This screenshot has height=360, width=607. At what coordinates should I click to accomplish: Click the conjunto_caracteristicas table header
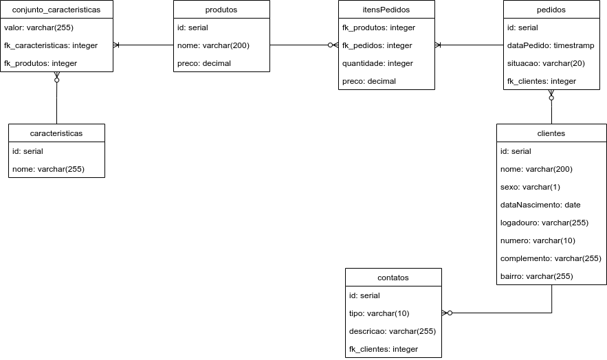point(56,10)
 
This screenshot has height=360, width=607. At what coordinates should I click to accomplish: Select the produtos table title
point(221,10)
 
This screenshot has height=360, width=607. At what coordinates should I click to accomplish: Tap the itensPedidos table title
point(386,10)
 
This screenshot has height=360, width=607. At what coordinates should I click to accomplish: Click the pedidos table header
point(551,10)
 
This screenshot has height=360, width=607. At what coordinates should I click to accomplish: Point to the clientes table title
point(551,133)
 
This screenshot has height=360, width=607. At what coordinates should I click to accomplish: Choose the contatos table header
point(393,278)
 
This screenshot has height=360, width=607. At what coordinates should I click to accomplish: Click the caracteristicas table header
point(56,133)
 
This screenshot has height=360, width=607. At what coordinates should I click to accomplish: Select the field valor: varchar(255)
point(38,28)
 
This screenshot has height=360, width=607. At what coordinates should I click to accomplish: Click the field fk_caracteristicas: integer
point(51,46)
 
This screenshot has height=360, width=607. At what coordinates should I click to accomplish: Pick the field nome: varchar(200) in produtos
point(213,46)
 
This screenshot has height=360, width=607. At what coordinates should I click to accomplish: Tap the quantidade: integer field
point(377,64)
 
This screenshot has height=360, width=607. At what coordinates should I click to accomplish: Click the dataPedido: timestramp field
point(551,46)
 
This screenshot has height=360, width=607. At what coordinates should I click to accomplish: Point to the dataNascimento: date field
point(540,205)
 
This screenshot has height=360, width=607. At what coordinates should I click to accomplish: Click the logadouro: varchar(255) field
point(544,223)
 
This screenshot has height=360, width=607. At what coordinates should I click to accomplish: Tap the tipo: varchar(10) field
point(379,314)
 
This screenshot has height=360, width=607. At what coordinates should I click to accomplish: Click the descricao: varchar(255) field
point(393,332)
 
